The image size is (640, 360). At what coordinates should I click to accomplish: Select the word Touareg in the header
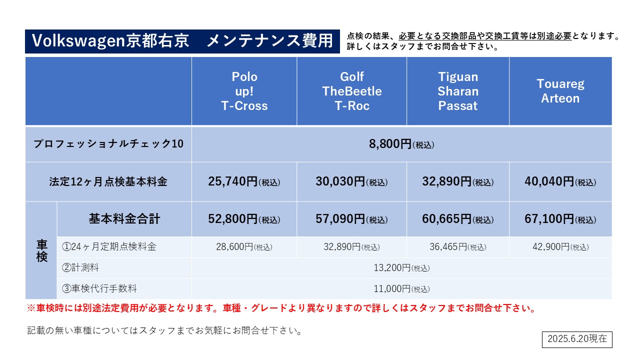[560, 84]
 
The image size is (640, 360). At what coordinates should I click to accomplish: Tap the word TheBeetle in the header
[351, 91]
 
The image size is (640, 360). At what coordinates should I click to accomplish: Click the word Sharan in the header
[457, 91]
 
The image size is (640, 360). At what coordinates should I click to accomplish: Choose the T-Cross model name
[244, 106]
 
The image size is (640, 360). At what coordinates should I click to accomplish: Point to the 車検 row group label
[41, 251]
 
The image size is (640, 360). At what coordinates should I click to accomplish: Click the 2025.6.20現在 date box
[577, 339]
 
